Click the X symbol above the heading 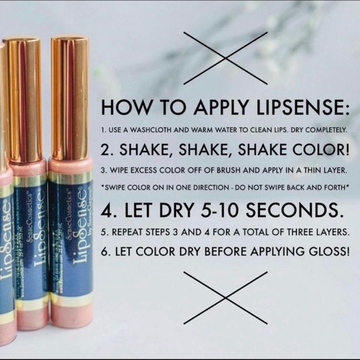(x=225, y=58)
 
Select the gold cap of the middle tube (x=24, y=99)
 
